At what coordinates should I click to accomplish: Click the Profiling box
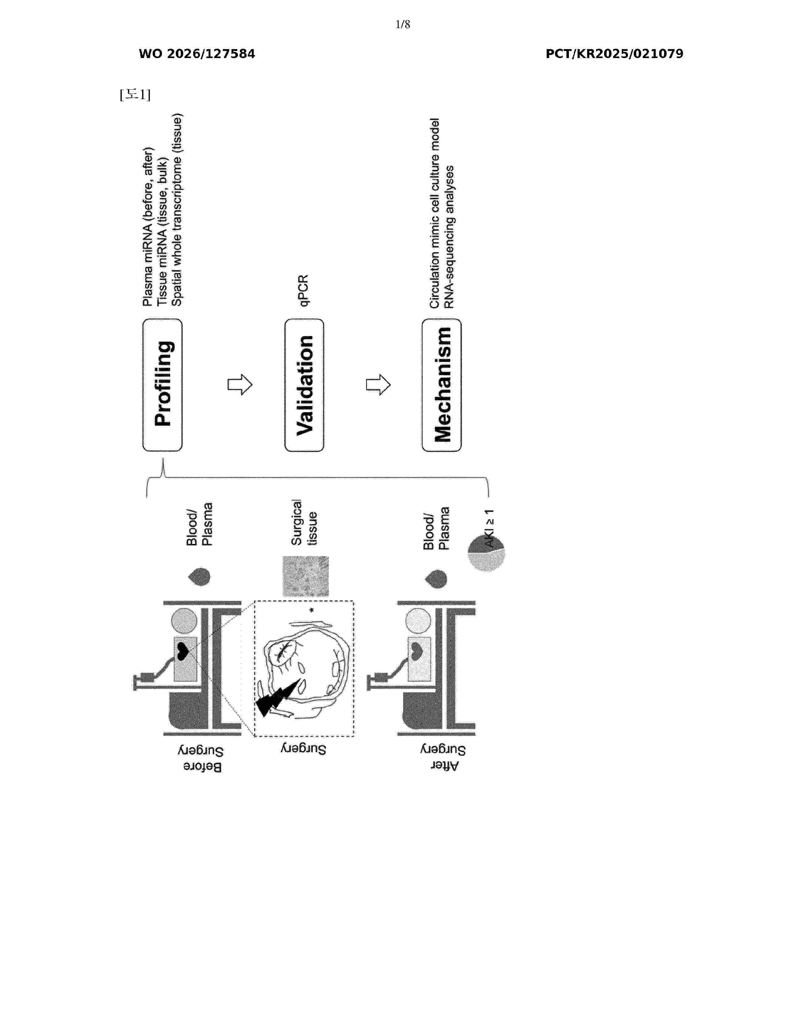[x=163, y=385]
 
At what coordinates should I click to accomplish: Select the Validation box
[x=304, y=385]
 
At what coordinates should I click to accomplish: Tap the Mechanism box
[x=442, y=385]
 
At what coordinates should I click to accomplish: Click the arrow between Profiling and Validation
[x=240, y=385]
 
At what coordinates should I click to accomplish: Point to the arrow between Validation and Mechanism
[x=378, y=385]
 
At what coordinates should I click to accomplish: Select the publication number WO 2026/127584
[x=197, y=54]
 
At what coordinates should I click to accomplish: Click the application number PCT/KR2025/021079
[x=614, y=54]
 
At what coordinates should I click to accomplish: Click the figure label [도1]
[x=135, y=95]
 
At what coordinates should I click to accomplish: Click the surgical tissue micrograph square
[x=306, y=576]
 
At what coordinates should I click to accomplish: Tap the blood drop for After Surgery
[x=436, y=579]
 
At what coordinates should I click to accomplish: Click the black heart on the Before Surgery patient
[x=183, y=651]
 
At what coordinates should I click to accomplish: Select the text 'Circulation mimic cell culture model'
[x=434, y=213]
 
